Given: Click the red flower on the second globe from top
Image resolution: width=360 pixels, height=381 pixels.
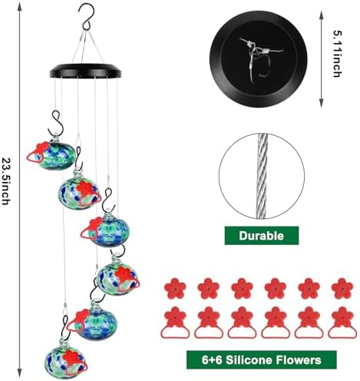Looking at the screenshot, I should click(x=81, y=185).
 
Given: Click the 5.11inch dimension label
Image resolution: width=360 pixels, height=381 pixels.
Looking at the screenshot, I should click(x=336, y=55).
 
